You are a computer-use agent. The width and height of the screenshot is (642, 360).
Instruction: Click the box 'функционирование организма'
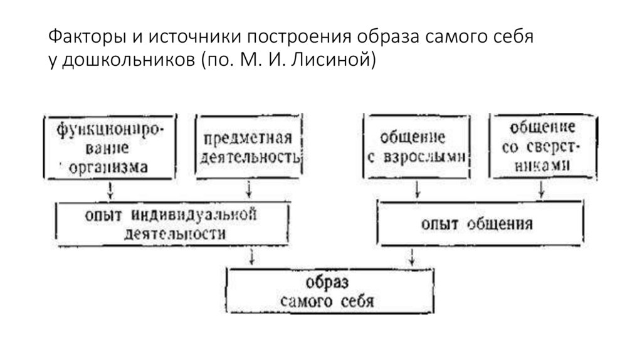(x=110, y=148)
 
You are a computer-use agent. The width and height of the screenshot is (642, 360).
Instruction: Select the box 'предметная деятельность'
(x=249, y=147)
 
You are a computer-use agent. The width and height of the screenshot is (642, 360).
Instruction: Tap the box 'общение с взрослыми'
(x=416, y=147)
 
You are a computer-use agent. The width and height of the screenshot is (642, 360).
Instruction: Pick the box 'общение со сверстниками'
(x=539, y=147)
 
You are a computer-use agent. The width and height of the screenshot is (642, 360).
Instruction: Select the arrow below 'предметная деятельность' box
(x=250, y=189)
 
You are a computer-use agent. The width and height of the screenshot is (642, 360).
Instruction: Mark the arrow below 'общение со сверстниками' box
(x=540, y=189)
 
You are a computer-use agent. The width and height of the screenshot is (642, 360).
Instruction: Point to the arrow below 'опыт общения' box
(x=411, y=257)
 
